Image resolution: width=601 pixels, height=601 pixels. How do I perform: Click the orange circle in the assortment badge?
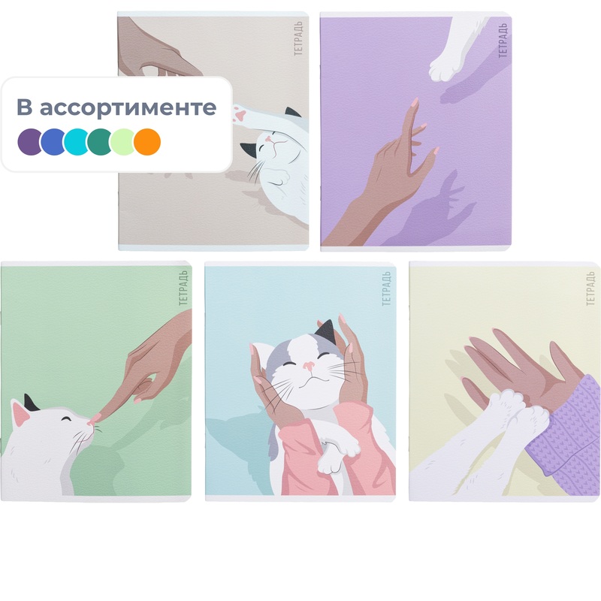click(147, 142)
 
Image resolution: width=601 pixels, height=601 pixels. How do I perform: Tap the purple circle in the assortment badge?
click(29, 142)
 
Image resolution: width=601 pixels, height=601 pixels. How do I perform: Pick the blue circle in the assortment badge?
click(53, 142)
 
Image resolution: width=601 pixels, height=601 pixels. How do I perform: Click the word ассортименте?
click(128, 107)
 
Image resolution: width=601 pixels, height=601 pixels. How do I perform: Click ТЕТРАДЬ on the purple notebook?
click(503, 41)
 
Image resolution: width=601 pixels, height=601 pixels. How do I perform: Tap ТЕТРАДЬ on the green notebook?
click(183, 288)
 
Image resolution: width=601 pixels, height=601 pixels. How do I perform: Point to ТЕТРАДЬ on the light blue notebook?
click(386, 288)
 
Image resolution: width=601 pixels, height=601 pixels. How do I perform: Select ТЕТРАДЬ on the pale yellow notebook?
click(590, 288)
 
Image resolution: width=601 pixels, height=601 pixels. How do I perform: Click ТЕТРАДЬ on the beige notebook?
click(298, 38)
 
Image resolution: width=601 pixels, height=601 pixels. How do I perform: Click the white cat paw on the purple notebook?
click(445, 69)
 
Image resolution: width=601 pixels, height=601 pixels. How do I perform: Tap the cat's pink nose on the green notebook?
click(91, 422)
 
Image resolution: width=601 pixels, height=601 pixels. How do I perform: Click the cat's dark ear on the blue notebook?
click(327, 331)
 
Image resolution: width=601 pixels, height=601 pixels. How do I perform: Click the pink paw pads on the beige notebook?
click(239, 114)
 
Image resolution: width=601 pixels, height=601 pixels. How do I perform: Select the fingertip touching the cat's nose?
click(96, 417)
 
